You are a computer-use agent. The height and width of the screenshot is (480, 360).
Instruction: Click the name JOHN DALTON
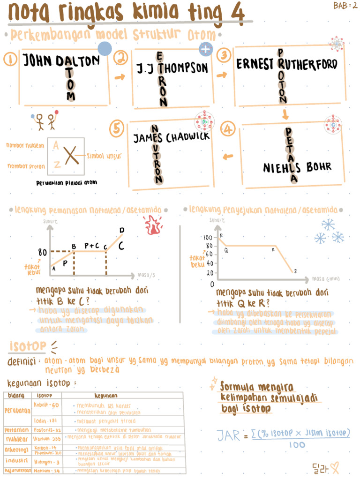coord(62,61)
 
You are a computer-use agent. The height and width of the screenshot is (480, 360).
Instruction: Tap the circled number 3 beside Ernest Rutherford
coord(224,56)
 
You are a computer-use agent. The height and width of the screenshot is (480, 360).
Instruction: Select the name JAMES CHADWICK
coord(171,138)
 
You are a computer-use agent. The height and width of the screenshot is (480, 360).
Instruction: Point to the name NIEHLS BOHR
coord(297,167)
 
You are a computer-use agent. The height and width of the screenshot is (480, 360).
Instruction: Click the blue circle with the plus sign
coord(205,49)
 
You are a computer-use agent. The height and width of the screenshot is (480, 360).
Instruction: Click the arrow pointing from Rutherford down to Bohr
coord(285,114)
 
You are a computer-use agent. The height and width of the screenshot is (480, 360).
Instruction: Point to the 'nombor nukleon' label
coord(25,146)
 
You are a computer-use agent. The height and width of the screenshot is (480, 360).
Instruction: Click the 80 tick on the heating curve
coord(42,252)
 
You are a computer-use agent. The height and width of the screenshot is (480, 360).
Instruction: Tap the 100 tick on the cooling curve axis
coord(208,238)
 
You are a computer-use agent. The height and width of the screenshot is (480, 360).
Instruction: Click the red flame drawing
coord(152,225)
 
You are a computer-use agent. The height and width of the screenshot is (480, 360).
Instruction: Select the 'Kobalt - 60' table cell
coord(46,405)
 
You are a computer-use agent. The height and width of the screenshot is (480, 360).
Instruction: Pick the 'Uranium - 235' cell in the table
coord(47,439)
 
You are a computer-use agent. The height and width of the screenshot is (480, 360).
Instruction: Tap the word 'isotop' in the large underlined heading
coord(28,346)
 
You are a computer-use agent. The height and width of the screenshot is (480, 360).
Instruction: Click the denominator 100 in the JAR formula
coord(297,444)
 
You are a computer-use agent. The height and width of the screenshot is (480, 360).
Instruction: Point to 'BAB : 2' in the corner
coord(345,6)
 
